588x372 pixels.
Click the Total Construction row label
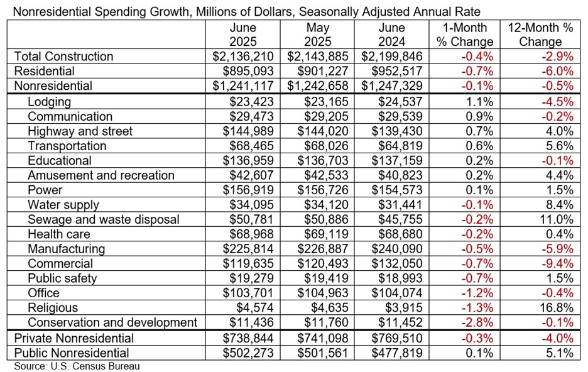(x=63, y=57)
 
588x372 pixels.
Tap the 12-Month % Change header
(x=541, y=35)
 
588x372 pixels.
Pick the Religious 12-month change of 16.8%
(x=558, y=308)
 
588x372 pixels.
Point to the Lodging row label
(x=50, y=102)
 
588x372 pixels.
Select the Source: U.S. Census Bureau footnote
(x=77, y=366)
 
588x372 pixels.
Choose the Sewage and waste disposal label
(x=104, y=219)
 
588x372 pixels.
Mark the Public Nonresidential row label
(x=72, y=353)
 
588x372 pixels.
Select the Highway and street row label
(x=80, y=131)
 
